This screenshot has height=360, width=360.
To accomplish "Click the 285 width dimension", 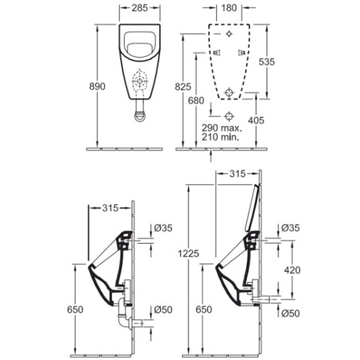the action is [x=140, y=8].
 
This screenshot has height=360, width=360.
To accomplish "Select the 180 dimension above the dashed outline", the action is [x=229, y=8].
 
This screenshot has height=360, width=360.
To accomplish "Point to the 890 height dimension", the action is [x=97, y=86].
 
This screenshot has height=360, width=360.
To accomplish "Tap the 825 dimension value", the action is [x=183, y=87].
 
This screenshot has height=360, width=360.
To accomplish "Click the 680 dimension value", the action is [x=196, y=101].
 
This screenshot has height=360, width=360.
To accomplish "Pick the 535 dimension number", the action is [x=267, y=62].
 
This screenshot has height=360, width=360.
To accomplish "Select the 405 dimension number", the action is [x=256, y=121].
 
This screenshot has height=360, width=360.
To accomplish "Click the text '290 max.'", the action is [x=222, y=128].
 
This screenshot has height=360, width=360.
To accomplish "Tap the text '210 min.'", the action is [x=220, y=137].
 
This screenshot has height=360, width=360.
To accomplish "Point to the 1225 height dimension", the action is [x=188, y=253].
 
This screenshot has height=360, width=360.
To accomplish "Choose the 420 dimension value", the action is [x=292, y=270].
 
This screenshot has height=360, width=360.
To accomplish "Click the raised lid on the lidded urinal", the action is [x=252, y=208].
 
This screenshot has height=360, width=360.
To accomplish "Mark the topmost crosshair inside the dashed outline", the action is [x=229, y=34].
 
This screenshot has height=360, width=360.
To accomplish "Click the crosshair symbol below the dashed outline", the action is [x=229, y=116].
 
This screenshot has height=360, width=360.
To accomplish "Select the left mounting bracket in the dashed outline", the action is [x=216, y=53].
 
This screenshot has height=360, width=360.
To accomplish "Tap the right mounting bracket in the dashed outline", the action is [x=242, y=53].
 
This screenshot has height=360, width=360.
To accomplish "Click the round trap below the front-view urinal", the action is [x=140, y=116].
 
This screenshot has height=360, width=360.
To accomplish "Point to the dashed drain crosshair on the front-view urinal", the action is [x=140, y=82].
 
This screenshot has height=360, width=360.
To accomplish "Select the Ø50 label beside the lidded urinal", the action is [x=290, y=313].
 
